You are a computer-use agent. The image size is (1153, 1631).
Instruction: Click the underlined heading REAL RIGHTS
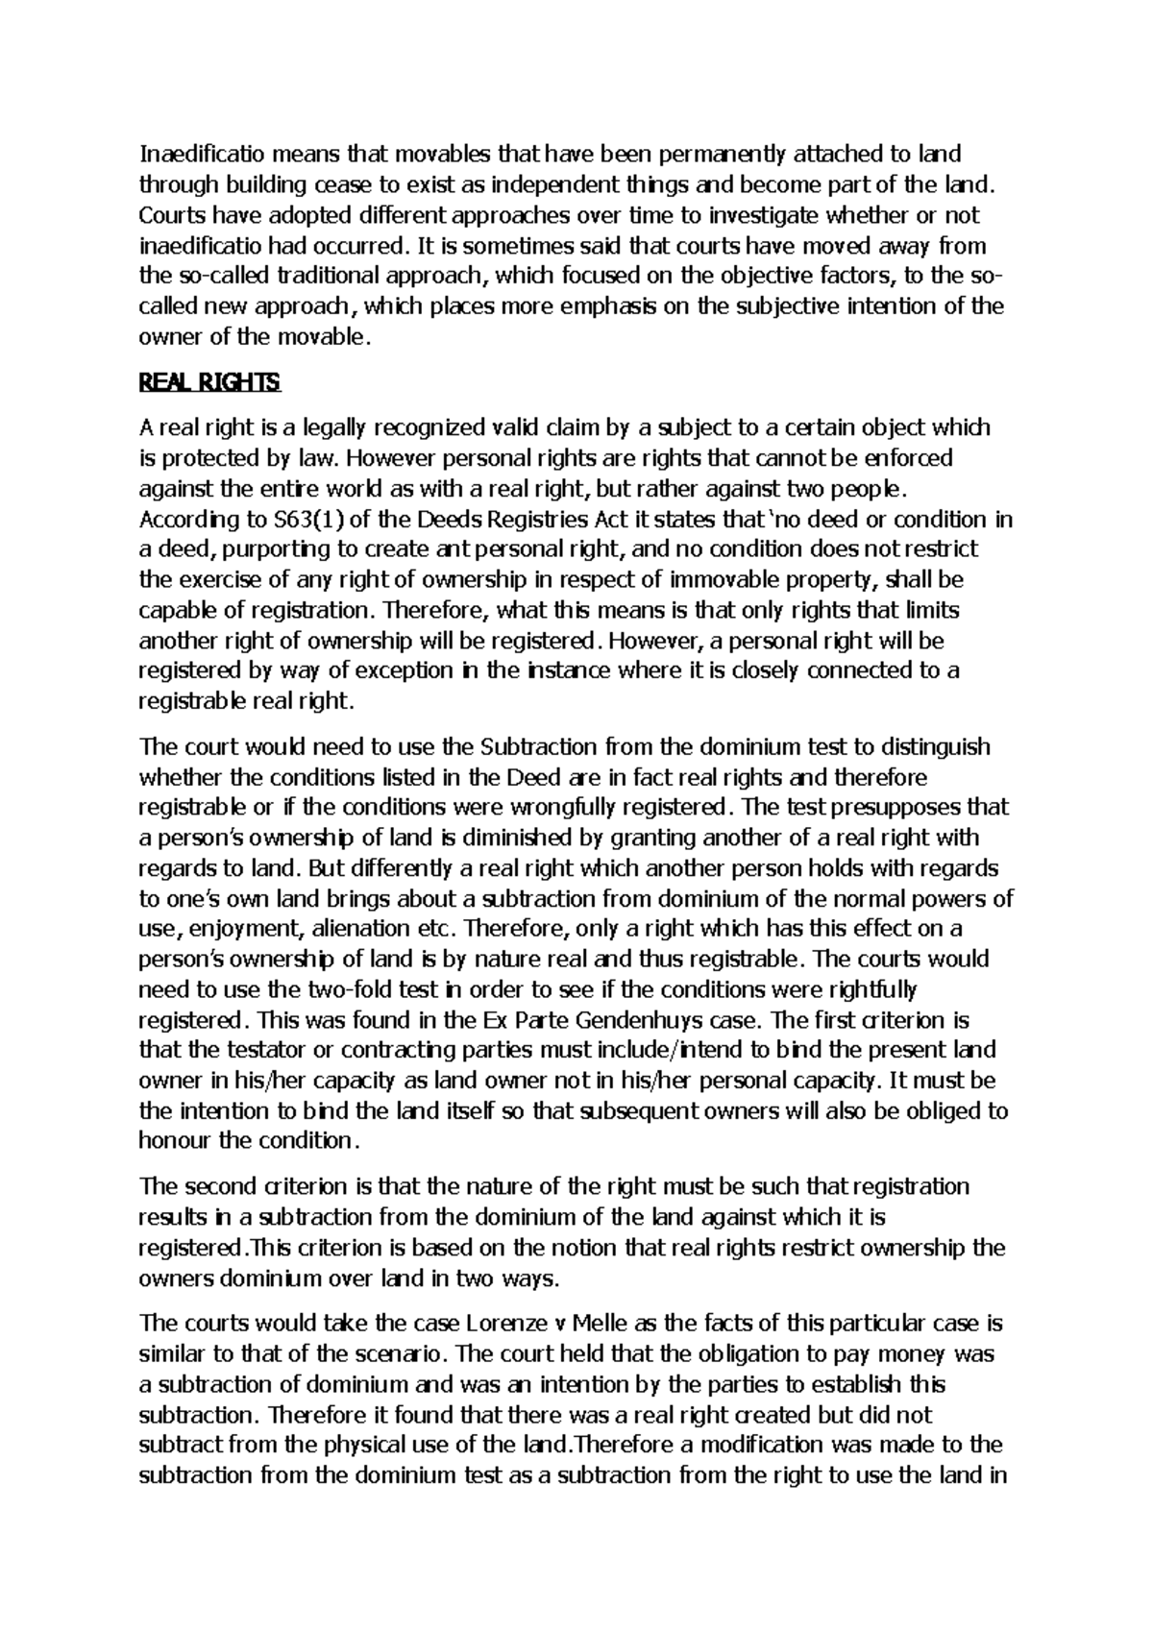coord(209,382)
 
